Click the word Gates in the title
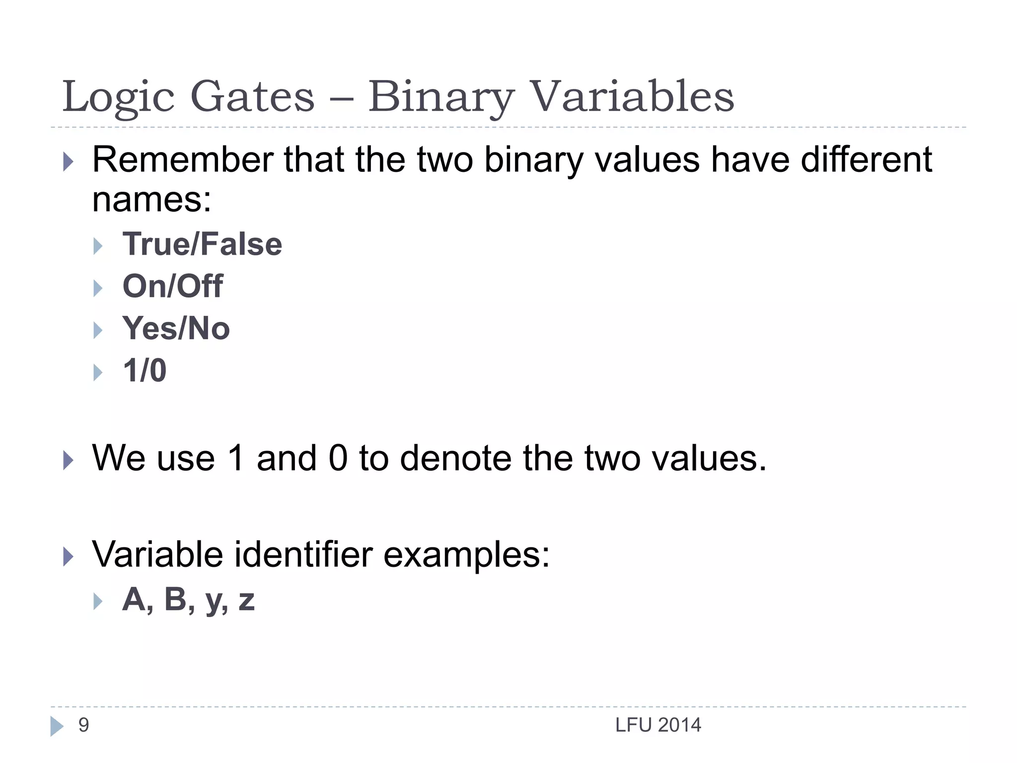252,96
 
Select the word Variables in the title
632,96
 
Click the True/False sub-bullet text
202,244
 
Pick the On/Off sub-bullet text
172,287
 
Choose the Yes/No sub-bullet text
176,328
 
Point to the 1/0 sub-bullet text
145,371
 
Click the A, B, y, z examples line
188,600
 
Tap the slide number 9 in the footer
83,725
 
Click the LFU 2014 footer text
658,725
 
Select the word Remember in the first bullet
183,160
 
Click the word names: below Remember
152,200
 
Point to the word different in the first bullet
867,160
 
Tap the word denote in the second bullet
455,458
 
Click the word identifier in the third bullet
303,554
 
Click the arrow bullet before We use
69,460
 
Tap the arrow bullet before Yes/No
98,330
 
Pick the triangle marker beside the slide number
57,726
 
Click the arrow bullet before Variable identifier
69,556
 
